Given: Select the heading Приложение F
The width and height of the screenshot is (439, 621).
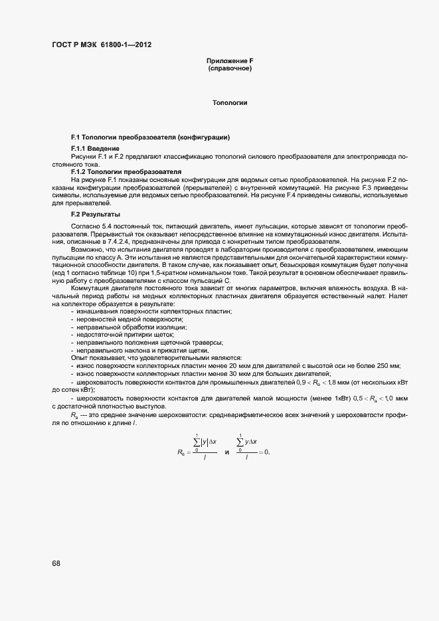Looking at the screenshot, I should pos(230,62).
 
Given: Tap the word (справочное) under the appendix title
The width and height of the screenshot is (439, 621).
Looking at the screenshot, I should pos(230,69).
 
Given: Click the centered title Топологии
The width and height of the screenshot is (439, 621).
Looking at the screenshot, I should pos(230,104).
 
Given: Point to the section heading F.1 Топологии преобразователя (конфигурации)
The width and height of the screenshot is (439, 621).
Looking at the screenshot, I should pos(150,137).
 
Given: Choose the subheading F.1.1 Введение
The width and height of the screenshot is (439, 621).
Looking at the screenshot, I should pos(95,148).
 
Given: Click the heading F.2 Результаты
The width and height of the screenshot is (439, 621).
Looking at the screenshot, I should pos(95,215).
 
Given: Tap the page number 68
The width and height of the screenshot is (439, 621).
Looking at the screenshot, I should pos(56,563).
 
